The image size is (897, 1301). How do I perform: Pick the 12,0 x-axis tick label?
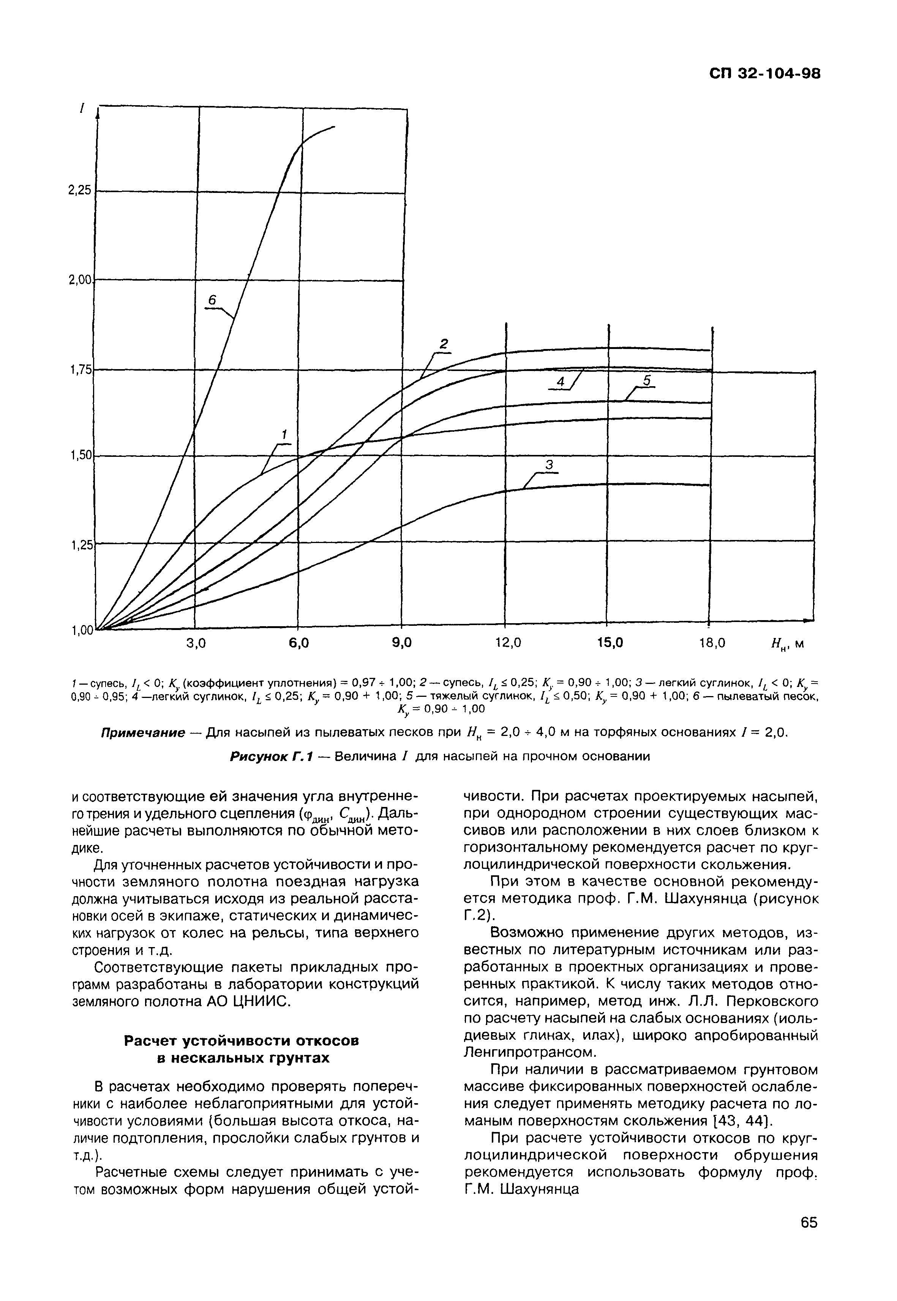click(507, 643)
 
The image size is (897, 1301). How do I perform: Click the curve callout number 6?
click(211, 301)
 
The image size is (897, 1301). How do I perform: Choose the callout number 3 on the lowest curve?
click(550, 464)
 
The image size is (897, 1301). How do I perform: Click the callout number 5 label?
click(646, 381)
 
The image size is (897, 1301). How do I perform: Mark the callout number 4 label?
click(560, 382)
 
